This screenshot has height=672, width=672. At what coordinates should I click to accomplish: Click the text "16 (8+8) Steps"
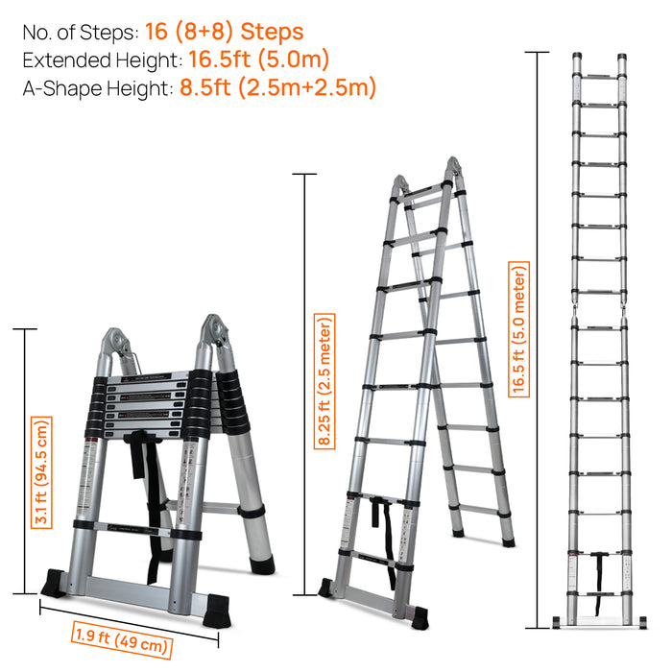[224, 32]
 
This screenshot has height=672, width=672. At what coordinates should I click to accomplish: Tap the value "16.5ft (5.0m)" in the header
[258, 60]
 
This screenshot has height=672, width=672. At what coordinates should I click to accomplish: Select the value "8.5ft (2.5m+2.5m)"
[277, 87]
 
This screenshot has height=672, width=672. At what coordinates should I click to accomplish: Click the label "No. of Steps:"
[81, 33]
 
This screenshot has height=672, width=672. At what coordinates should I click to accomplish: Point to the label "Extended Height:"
[103, 60]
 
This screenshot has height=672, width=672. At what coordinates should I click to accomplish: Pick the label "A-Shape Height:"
[98, 88]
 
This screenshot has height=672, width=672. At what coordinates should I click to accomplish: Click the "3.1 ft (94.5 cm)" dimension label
[41, 472]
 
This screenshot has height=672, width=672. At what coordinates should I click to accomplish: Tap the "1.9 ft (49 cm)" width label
[122, 640]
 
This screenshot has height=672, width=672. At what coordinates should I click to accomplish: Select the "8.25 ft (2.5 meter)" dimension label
[324, 381]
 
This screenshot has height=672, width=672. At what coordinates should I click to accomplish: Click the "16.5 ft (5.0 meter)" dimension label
[518, 329]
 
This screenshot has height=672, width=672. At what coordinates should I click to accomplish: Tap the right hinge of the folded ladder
[216, 330]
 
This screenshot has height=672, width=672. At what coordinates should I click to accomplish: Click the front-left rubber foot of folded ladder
[54, 583]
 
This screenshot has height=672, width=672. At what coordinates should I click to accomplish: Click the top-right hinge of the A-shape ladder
[453, 168]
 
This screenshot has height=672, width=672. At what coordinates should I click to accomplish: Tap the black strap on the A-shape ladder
[384, 540]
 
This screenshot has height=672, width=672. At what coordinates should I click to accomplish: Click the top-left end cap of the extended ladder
[577, 57]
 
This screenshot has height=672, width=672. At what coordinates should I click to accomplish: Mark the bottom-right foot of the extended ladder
[642, 622]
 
